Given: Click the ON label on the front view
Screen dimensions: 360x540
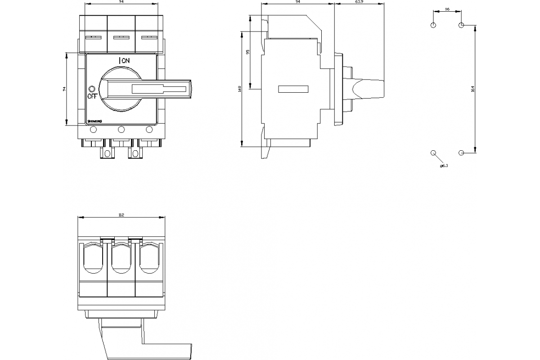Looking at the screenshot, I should click(125, 60).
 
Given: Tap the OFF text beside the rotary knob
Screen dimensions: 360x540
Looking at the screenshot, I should click(92, 96).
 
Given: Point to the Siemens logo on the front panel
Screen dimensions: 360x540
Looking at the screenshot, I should click(95, 121).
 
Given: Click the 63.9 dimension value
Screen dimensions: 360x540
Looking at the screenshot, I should click(359, 2).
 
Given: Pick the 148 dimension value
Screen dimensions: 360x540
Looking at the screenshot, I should click(240, 90).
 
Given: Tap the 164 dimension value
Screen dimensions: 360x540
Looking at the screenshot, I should click(472, 89).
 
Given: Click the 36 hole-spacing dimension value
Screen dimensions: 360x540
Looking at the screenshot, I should click(447, 9).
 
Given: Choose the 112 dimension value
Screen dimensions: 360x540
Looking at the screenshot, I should click(121, 215).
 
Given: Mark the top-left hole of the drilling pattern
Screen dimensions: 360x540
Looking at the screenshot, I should click(433, 25).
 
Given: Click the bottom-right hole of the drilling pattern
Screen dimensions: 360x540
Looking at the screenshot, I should click(461, 153).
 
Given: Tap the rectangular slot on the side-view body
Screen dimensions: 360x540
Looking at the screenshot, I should click(293, 89).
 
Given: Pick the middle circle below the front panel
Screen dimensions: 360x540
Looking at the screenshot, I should click(121, 130).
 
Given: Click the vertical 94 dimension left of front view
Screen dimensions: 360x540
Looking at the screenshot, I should click(64, 89).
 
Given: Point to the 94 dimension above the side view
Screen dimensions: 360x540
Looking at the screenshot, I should click(298, 2).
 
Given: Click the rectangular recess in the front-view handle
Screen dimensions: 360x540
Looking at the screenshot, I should click(159, 89).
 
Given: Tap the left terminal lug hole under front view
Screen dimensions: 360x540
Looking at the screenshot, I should click(107, 154).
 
